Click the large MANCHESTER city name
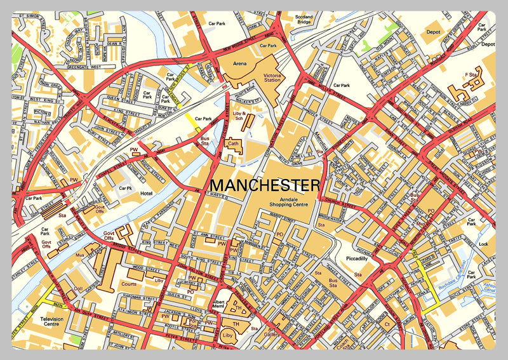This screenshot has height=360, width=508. pyautogui.click(x=265, y=185)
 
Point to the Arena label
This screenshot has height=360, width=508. pyautogui.click(x=241, y=63)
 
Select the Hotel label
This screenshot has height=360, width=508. pyautogui.click(x=148, y=193)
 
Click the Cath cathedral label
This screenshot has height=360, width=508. pyautogui.click(x=233, y=144)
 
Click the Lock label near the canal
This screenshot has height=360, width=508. pyautogui.click(x=484, y=244)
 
